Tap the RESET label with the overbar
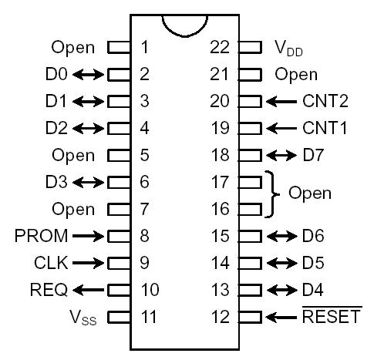[332, 316]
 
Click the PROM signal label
[41, 235]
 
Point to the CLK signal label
[50, 262]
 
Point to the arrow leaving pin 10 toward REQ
[89, 289]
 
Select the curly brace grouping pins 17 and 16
[275, 194]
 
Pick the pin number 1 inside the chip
[144, 48]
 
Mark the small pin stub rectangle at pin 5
[118, 155]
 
